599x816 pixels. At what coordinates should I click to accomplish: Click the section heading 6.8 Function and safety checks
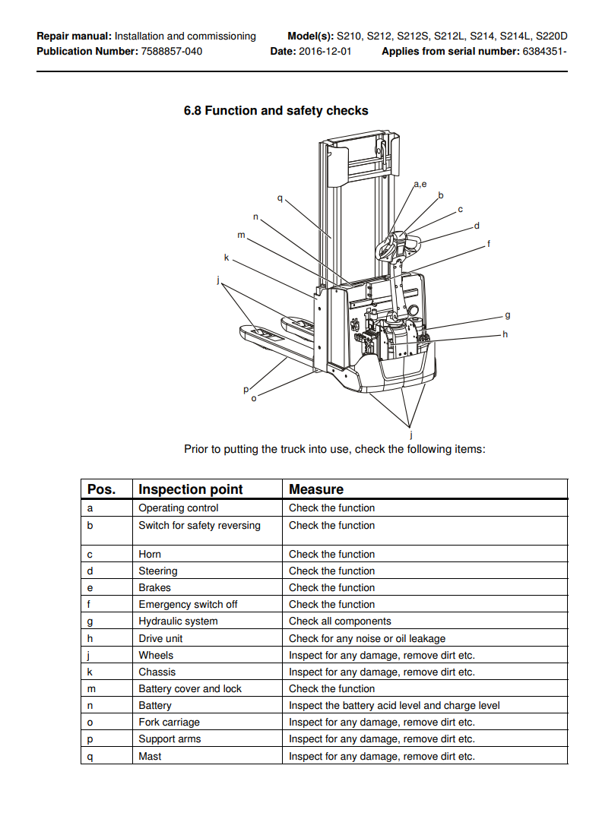[x=276, y=111]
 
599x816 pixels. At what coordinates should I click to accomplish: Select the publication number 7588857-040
[x=171, y=52]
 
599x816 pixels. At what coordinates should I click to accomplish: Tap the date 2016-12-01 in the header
[x=325, y=52]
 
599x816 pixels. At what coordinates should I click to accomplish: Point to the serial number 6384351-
[x=544, y=52]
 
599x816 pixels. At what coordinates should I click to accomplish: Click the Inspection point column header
[x=190, y=489]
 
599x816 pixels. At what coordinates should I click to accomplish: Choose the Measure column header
[x=316, y=489]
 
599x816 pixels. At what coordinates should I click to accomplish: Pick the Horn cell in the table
[x=150, y=554]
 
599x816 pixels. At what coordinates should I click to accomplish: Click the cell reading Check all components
[x=340, y=621]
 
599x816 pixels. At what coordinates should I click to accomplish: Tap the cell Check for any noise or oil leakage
[x=367, y=638]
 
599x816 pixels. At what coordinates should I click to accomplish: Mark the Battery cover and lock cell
[x=190, y=688]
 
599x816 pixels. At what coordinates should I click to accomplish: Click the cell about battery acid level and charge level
[x=394, y=705]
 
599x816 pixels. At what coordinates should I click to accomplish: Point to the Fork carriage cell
[x=169, y=722]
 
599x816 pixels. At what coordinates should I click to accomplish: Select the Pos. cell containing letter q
[x=90, y=756]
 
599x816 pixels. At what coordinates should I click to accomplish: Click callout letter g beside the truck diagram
[x=507, y=315]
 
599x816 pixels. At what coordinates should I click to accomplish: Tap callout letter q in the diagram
[x=279, y=198]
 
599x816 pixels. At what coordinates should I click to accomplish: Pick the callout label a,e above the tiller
[x=420, y=184]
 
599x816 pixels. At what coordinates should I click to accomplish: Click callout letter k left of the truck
[x=226, y=258]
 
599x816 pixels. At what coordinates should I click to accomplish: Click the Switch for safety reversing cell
[x=199, y=525]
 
